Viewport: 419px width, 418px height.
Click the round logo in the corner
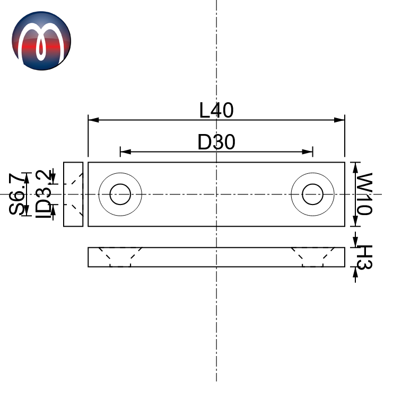point(41,41)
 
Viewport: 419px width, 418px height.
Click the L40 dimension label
point(216,110)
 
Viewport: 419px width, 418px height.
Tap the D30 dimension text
point(216,142)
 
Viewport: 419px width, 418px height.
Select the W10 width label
point(363,193)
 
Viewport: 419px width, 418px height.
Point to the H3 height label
point(363,257)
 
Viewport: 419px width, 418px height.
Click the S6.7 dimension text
point(18,194)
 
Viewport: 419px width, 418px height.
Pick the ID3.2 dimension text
point(43,194)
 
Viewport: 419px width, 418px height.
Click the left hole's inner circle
point(120,194)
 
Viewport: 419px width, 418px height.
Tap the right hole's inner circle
point(313,194)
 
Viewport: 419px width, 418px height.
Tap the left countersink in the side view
point(120,256)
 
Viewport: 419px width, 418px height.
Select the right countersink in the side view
point(313,256)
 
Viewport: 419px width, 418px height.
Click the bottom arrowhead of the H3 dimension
point(355,271)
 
